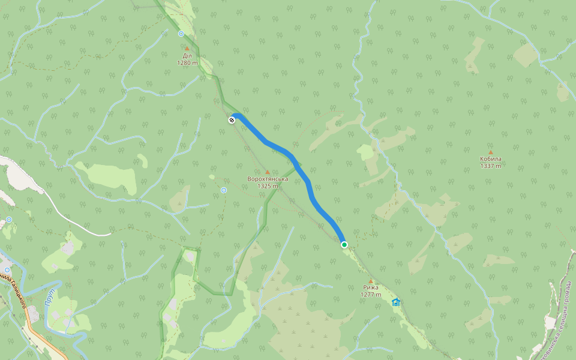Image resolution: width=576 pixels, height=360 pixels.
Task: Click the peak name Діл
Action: [x=187, y=56]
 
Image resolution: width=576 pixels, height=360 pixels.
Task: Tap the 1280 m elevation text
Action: [x=187, y=62]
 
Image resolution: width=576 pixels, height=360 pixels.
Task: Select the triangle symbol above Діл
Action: [x=187, y=49]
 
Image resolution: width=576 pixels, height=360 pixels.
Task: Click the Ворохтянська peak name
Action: [x=268, y=179]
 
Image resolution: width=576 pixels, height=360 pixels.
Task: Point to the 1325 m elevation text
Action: [x=268, y=186]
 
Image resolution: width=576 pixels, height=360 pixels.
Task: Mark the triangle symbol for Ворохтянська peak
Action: [x=268, y=172]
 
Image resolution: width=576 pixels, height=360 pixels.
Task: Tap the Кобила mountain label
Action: [x=490, y=159]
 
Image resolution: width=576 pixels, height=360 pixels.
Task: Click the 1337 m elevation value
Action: [x=490, y=166]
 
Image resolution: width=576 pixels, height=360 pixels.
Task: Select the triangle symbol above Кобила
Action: [x=490, y=152]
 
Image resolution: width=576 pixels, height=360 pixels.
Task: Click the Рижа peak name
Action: [x=370, y=287]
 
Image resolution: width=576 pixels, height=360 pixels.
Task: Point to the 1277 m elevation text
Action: [x=370, y=295]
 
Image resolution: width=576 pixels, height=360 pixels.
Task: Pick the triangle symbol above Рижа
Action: [x=370, y=281]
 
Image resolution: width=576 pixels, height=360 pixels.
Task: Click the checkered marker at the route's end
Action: [x=232, y=120]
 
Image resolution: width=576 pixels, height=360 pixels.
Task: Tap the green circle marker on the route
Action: [x=344, y=245]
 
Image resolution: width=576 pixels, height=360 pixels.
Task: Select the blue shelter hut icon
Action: [x=395, y=302]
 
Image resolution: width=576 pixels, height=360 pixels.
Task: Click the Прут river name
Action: [x=50, y=296]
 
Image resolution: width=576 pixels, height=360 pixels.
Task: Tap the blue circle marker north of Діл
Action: [x=181, y=34]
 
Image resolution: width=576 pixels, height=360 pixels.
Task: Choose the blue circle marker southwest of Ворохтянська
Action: [x=224, y=190]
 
